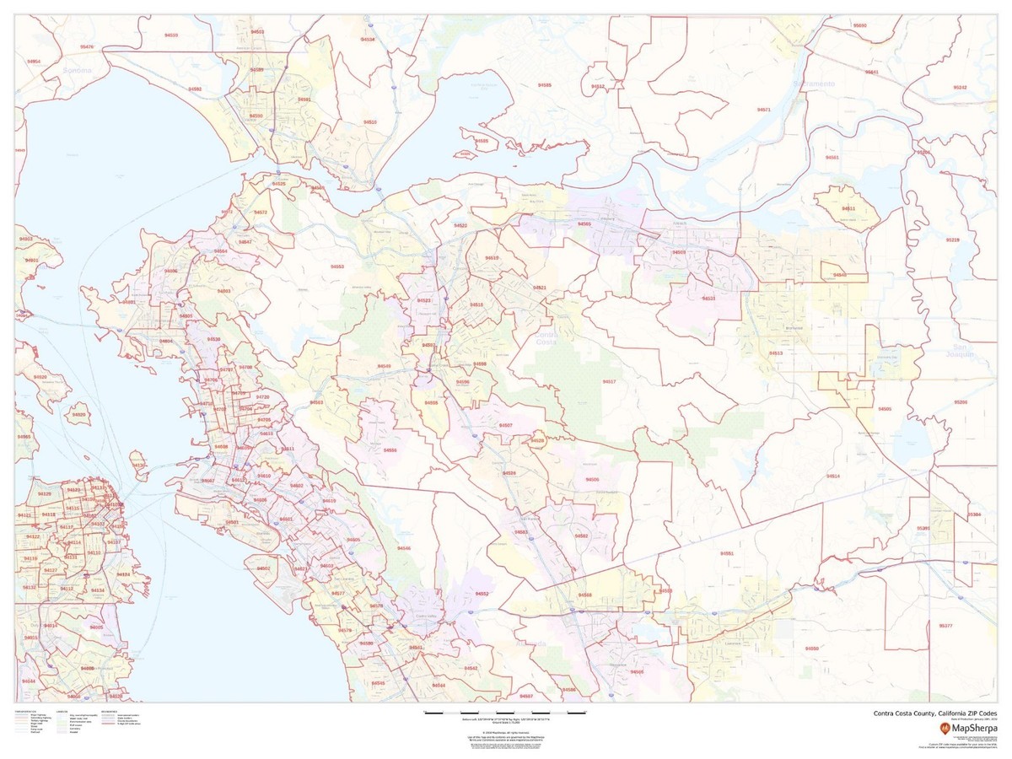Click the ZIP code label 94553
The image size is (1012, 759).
coord(337,266)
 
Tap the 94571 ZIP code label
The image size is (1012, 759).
coord(764,110)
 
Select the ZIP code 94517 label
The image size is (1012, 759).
coord(609,382)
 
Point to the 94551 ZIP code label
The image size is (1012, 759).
coord(727,553)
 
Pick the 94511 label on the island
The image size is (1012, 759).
coord(848,208)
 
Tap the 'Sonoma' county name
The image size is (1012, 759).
coord(77,71)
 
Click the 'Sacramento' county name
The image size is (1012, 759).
coord(814,84)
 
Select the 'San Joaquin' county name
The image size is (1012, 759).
coord(963,350)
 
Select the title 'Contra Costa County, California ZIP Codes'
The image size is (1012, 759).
coord(934,713)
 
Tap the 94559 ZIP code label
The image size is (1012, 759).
coord(171,35)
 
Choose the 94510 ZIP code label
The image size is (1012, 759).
coord(370,122)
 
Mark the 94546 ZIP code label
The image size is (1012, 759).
coord(405,548)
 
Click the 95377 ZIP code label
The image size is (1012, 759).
coord(945,626)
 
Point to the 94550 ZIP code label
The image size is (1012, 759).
coord(811,649)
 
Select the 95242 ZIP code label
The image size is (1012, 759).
coord(960,88)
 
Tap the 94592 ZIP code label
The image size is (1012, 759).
coord(195,89)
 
